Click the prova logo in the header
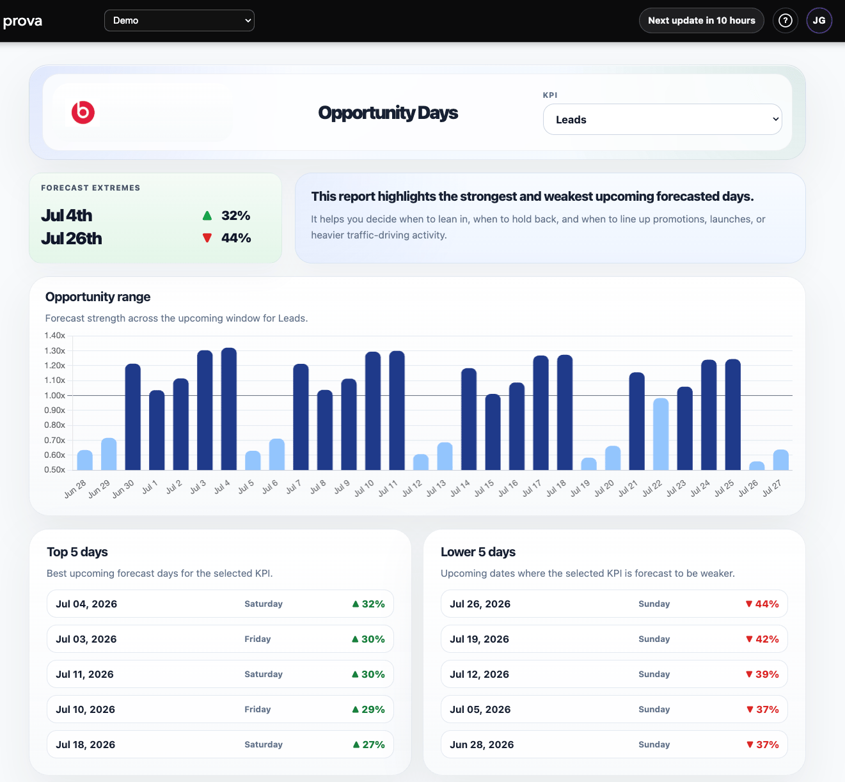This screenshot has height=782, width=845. click(x=22, y=21)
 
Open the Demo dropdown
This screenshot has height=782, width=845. click(x=179, y=20)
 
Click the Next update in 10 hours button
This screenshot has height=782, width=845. click(x=701, y=20)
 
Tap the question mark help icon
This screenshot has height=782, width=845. click(x=785, y=20)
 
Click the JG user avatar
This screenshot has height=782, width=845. click(x=819, y=20)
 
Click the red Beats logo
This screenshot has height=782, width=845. click(x=83, y=113)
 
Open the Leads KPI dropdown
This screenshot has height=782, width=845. click(x=662, y=120)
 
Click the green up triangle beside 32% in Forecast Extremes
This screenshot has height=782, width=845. click(x=207, y=215)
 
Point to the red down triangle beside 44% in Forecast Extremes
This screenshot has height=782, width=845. click(x=207, y=238)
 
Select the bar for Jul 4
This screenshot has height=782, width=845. click(x=229, y=409)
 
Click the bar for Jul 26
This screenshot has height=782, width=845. click(x=757, y=466)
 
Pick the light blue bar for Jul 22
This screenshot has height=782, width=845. click(x=661, y=434)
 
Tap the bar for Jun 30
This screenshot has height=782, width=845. click(x=133, y=417)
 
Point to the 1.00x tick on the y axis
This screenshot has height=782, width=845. click(x=55, y=395)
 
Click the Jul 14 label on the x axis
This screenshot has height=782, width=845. click(x=460, y=488)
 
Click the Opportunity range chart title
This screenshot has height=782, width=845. click(x=98, y=297)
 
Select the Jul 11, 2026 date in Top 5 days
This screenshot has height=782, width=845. click(x=84, y=675)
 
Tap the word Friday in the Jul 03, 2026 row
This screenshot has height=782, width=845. click(x=257, y=639)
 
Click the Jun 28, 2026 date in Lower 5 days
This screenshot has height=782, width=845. click(x=482, y=744)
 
